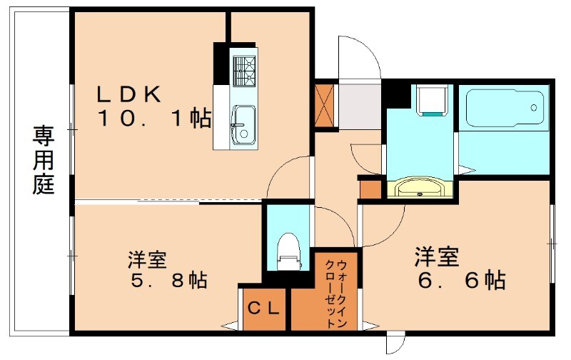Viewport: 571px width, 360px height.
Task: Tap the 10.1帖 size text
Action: coord(154,119)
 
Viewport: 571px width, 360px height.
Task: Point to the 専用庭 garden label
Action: coord(44,161)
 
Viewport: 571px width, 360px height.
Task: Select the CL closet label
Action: coord(264,309)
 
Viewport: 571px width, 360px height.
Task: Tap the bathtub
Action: coord(504,109)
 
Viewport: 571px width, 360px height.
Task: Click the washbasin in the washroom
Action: coord(418,189)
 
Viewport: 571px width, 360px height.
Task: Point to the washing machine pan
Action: coord(431,100)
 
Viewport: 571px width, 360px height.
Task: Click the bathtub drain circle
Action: coord(534,108)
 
